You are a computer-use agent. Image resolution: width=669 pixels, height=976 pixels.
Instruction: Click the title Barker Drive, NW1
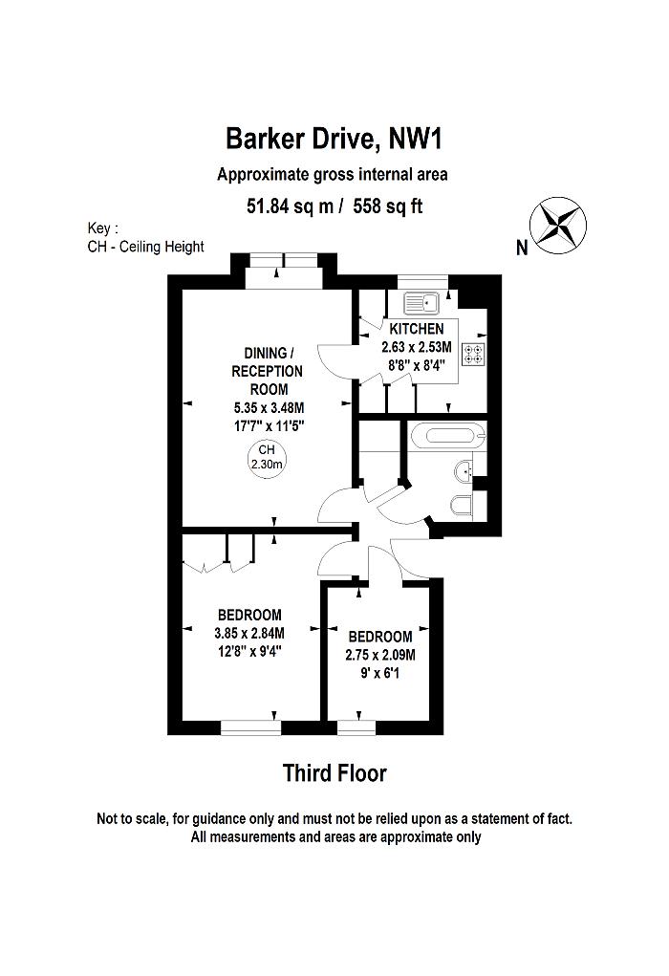click(x=334, y=139)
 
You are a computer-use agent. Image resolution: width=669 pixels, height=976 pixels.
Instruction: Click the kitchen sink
click(x=421, y=304)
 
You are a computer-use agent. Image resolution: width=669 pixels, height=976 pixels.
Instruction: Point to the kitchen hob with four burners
click(x=473, y=355)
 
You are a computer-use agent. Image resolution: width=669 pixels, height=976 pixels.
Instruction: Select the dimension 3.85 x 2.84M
click(x=249, y=632)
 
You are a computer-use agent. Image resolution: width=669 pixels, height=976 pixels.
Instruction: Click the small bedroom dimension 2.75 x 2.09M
click(x=380, y=655)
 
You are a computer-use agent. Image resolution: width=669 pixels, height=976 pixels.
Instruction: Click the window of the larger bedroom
click(x=251, y=728)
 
